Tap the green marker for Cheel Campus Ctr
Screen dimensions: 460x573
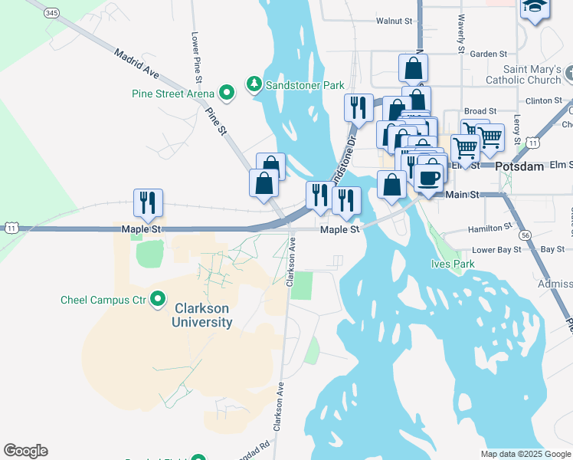(158, 299)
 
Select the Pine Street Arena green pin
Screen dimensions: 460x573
(227, 94)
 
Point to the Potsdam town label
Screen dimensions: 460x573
(519, 166)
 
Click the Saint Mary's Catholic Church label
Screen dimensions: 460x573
(522, 75)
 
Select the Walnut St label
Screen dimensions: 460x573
(394, 22)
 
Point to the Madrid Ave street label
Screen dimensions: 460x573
(136, 63)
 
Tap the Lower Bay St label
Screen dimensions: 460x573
(496, 250)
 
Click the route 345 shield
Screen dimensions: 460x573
(52, 13)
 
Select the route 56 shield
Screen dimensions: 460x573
(524, 235)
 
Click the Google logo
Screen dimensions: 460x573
(25, 451)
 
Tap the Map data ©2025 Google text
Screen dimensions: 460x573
(525, 454)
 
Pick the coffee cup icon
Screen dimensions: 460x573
(429, 178)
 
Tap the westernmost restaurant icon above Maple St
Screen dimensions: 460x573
(146, 202)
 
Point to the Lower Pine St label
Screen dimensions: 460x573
(196, 58)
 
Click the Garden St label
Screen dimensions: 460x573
(489, 54)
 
